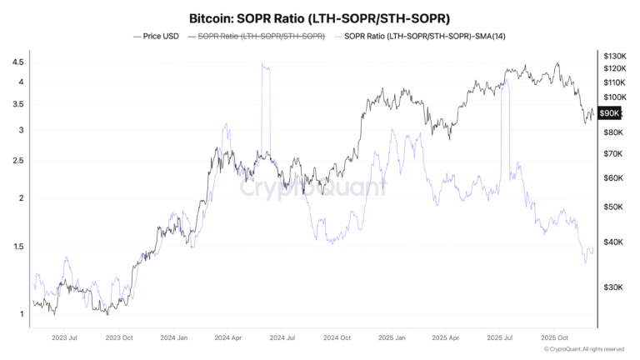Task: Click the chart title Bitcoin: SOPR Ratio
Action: click(x=320, y=17)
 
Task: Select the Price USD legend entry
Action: click(x=158, y=37)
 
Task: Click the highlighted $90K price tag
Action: click(x=610, y=112)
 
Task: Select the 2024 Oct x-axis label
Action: click(x=336, y=337)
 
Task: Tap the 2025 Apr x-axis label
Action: click(x=445, y=337)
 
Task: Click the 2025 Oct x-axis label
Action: click(x=554, y=337)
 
